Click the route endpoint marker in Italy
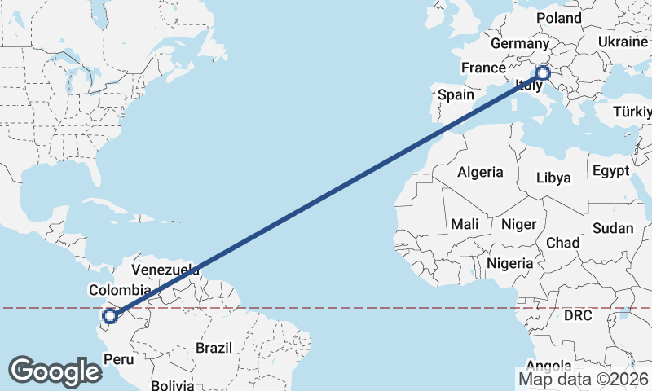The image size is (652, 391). pyautogui.click(x=544, y=74)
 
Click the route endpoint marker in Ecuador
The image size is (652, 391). pyautogui.click(x=110, y=316)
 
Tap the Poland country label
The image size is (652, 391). pyautogui.click(x=559, y=18)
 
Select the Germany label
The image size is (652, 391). pyautogui.click(x=520, y=43)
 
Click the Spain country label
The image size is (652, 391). pyautogui.click(x=456, y=94)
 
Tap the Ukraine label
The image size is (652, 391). pyautogui.click(x=623, y=42)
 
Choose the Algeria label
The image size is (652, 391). pyautogui.click(x=480, y=173)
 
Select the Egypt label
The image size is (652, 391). pyautogui.click(x=610, y=171)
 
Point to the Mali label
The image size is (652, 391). pyautogui.click(x=464, y=223)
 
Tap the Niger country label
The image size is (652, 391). pyautogui.click(x=518, y=223)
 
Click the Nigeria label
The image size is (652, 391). pyautogui.click(x=509, y=263)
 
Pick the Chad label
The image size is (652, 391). pyautogui.click(x=562, y=243)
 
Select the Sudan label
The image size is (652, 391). pyautogui.click(x=613, y=228)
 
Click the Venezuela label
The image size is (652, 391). pyautogui.click(x=165, y=270)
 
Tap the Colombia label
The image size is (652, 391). pyautogui.click(x=120, y=290)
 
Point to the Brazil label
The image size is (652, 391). pyautogui.click(x=214, y=348)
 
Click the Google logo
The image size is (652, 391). pyautogui.click(x=55, y=371)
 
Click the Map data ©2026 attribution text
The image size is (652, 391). pyautogui.click(x=583, y=379)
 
